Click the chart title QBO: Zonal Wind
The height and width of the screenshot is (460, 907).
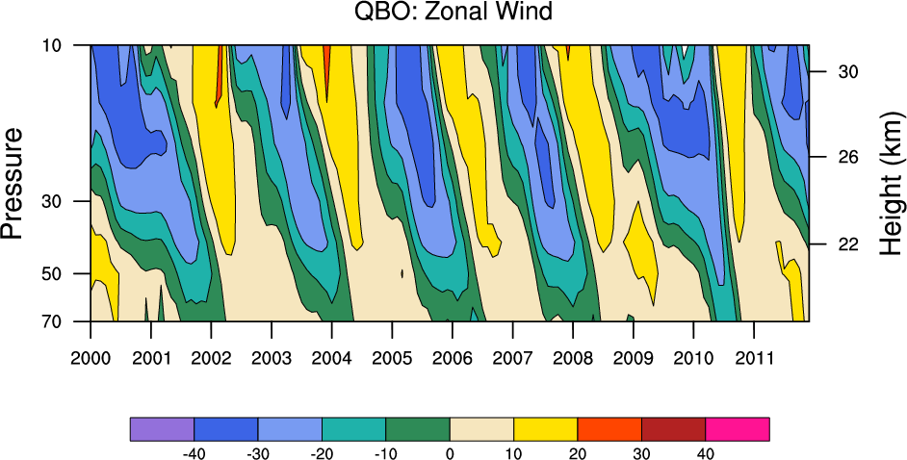click(x=453, y=12)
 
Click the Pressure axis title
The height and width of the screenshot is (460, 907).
click(x=13, y=182)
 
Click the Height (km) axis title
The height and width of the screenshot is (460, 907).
click(x=892, y=182)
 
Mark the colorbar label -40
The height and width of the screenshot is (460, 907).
click(x=194, y=452)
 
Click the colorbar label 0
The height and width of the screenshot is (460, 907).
click(x=450, y=452)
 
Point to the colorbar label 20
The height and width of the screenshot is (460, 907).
click(x=578, y=452)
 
